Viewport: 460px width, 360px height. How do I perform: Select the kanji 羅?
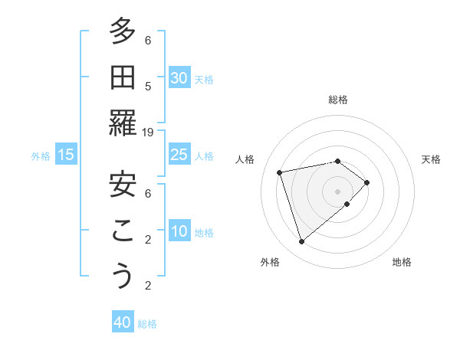pyautogui.click(x=123, y=123)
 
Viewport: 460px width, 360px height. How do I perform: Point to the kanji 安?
pyautogui.click(x=123, y=185)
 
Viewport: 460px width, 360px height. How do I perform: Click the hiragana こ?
pyautogui.click(x=123, y=231)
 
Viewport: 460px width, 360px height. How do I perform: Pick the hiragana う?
pyautogui.click(x=123, y=277)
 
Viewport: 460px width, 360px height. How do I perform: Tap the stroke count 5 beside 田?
pyautogui.click(x=148, y=86)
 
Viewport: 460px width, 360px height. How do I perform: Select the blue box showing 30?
pyautogui.click(x=179, y=77)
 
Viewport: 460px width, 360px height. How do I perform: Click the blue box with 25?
pyautogui.click(x=179, y=155)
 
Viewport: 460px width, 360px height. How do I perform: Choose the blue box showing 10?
pyautogui.click(x=179, y=231)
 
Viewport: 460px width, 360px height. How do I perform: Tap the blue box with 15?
pyautogui.click(x=66, y=155)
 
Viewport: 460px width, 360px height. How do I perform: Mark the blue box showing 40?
pyautogui.click(x=123, y=322)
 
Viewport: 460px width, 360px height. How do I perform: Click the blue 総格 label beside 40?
pyautogui.click(x=147, y=324)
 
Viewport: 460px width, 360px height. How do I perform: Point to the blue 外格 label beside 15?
pyautogui.click(x=41, y=156)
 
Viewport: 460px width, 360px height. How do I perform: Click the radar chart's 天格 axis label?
pyautogui.click(x=431, y=159)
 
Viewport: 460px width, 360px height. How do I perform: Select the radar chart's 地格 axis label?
pyautogui.click(x=402, y=262)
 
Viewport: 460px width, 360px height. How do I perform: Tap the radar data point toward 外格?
pyautogui.click(x=302, y=242)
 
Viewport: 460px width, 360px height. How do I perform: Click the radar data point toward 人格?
pyautogui.click(x=280, y=172)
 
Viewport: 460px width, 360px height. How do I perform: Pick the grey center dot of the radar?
pyautogui.click(x=337, y=190)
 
